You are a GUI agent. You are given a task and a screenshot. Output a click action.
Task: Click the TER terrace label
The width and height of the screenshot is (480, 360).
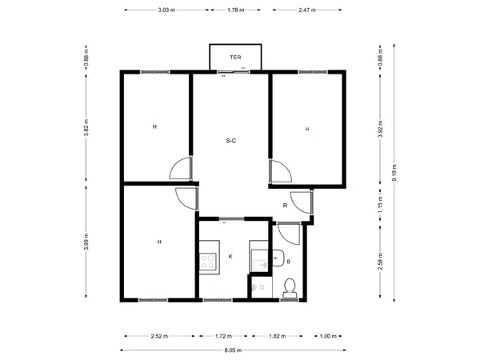[x=235, y=58]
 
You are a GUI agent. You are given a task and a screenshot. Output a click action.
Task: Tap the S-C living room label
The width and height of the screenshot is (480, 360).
[x=231, y=141]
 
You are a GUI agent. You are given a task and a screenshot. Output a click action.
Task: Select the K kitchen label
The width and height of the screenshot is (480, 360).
[x=230, y=257]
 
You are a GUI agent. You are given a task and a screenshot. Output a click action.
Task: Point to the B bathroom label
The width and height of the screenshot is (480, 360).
[x=288, y=262]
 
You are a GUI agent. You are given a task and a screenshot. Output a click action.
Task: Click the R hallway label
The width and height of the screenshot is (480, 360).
[x=285, y=206]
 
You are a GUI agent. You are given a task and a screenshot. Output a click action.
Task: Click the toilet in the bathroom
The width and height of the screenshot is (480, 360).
[x=290, y=288]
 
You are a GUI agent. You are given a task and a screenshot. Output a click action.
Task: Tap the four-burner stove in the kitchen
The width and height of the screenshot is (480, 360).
[x=207, y=262]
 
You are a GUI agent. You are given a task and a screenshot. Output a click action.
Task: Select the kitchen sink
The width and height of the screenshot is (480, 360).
[x=259, y=261]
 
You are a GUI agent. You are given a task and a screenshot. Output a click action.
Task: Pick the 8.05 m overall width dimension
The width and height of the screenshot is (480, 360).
[x=233, y=350]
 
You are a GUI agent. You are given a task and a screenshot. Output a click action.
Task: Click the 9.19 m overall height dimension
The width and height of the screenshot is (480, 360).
[x=394, y=173]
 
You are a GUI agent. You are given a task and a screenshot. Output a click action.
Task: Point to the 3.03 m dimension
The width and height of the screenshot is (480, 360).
[x=166, y=10]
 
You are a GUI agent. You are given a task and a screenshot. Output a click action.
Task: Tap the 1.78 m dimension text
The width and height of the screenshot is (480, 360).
[x=236, y=10]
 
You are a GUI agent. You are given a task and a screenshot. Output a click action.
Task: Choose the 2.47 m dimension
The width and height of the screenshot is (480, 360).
[x=307, y=10]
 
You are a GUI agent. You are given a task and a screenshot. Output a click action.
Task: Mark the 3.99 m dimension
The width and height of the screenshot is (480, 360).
[x=86, y=242]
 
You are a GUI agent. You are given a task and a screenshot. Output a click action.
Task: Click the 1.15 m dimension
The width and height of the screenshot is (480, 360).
[x=380, y=204]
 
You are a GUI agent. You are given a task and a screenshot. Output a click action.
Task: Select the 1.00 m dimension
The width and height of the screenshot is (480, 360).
[x=328, y=336]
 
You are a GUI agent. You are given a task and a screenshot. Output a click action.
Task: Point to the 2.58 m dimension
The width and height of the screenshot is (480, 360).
[x=380, y=261]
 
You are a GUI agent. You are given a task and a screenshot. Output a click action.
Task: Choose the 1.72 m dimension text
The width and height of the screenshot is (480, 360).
[x=223, y=336]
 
